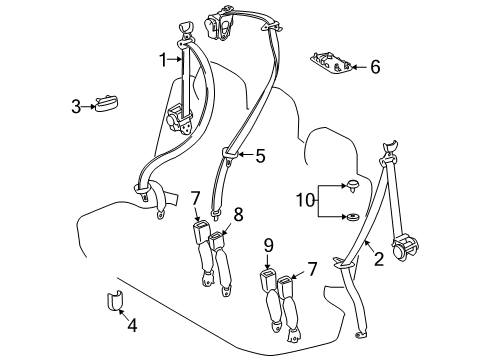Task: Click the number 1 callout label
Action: (x=162, y=61)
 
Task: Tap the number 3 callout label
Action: (x=75, y=105)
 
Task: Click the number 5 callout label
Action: (x=260, y=155)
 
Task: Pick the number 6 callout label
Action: (x=375, y=67)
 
